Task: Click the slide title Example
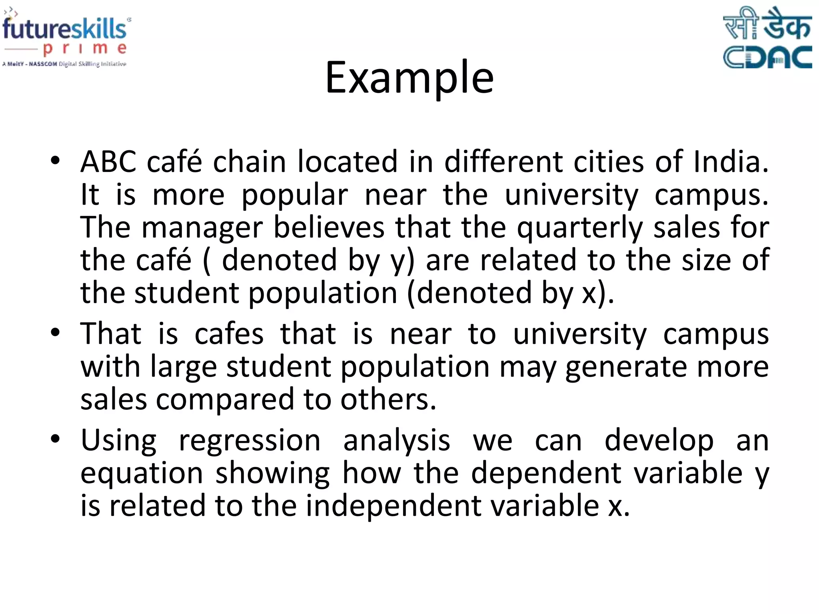(409, 78)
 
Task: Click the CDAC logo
(767, 38)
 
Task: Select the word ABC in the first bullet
(108, 162)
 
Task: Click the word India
(730, 162)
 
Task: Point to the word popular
(295, 195)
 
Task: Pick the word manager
(202, 228)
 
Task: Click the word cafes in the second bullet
(229, 334)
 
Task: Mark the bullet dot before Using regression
(55, 439)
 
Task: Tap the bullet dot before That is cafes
(55, 332)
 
